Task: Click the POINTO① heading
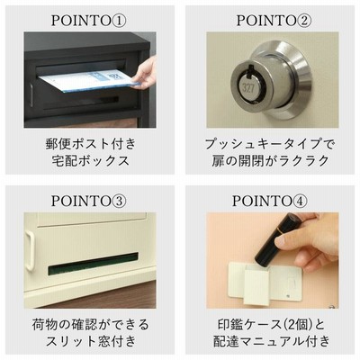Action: click(89, 21)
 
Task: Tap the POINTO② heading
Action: click(274, 21)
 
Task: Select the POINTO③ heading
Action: click(89, 201)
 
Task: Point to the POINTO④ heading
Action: click(270, 201)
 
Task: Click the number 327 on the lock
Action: click(248, 87)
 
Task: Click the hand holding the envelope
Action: click(146, 73)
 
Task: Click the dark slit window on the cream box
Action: click(93, 264)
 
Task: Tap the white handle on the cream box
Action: click(30, 251)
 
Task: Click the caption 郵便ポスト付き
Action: click(91, 144)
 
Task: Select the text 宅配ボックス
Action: click(91, 161)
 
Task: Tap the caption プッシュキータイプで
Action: click(269, 144)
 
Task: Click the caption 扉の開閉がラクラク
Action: click(270, 161)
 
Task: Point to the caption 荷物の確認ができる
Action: click(90, 325)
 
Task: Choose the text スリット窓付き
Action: click(90, 341)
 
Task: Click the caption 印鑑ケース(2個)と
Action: click(272, 325)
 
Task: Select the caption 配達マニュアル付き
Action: click(272, 341)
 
